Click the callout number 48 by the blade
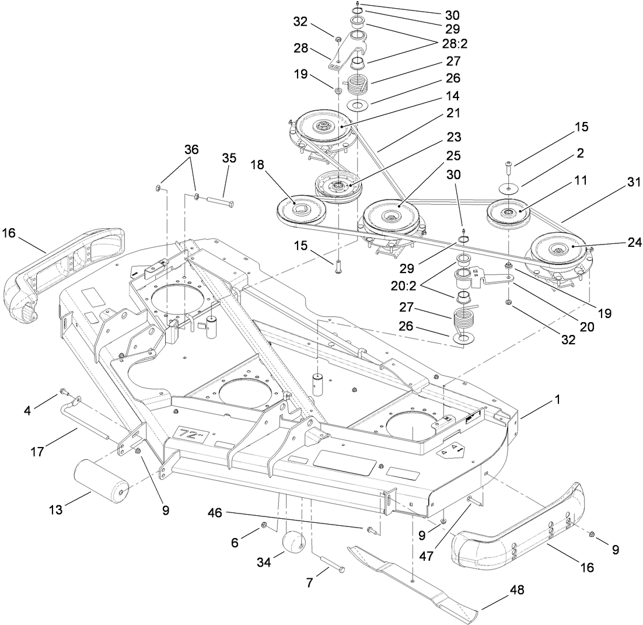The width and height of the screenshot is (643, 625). [517, 590]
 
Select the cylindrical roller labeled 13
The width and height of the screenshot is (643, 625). [102, 477]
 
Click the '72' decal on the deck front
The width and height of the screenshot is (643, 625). [188, 433]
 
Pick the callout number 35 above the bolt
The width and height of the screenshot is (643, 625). [229, 158]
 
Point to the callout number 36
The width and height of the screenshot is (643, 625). [191, 149]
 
